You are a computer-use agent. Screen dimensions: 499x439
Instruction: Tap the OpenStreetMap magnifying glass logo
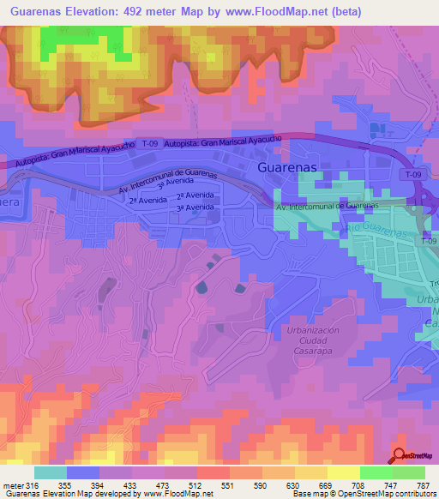(x=399, y=455)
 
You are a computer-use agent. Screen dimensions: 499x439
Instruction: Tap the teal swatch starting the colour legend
(x=51, y=472)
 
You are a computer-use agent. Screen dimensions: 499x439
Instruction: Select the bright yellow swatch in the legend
(x=342, y=472)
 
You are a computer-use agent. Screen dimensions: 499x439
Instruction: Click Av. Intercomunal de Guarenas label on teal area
(x=327, y=207)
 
